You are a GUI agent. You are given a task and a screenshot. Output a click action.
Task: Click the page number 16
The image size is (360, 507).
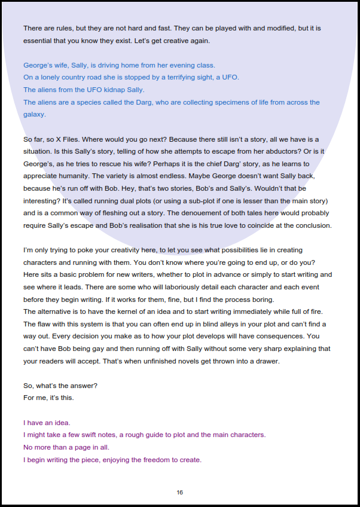point(180,492)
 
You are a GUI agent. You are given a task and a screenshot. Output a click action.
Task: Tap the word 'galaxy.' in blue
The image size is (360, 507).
point(34,114)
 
